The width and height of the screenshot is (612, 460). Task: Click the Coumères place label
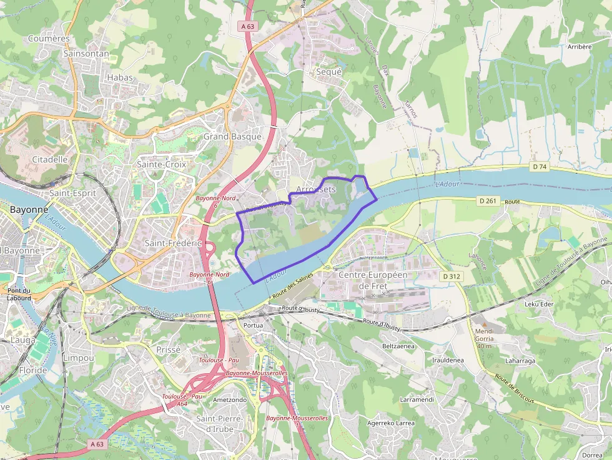pos(49,39)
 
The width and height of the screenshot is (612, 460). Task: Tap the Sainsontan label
pos(86,54)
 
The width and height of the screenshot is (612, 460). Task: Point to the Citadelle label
pos(49,159)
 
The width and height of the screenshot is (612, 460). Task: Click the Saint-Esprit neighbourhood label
pos(73,193)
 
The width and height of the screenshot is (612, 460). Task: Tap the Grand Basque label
pos(232,136)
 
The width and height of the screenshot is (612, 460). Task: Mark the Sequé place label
pos(329,72)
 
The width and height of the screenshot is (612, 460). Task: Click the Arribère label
pos(580,47)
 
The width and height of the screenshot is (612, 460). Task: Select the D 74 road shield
pos(540,167)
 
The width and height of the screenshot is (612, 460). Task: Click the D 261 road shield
pos(489,201)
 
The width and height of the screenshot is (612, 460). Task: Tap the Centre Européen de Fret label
pos(373,280)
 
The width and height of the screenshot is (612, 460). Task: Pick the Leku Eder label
pos(540,304)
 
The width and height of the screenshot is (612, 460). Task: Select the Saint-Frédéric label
pos(173,242)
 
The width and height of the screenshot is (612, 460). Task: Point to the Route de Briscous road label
pos(515,389)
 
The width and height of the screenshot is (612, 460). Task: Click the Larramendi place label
pos(417,399)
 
